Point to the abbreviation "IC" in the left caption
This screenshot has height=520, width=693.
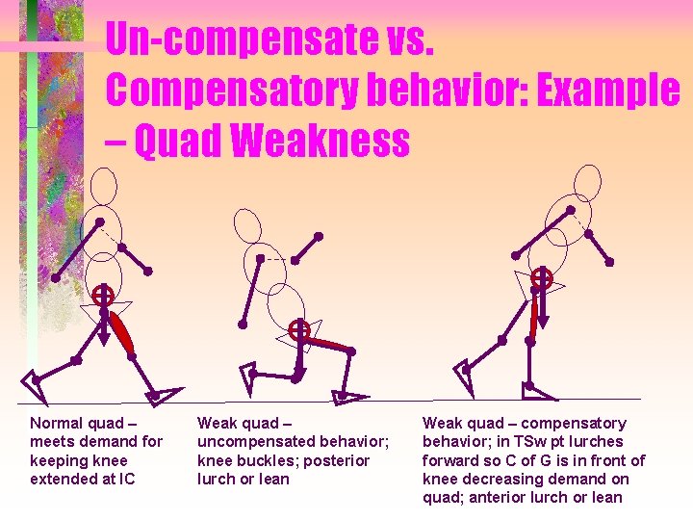[126, 479]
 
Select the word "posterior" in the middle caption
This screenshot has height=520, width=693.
[336, 460]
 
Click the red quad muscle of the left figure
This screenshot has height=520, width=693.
[120, 330]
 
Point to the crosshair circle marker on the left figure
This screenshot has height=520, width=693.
[103, 296]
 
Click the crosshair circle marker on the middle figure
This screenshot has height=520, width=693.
[299, 330]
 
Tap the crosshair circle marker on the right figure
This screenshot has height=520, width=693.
[543, 279]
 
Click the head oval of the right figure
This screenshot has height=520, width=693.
[585, 182]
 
